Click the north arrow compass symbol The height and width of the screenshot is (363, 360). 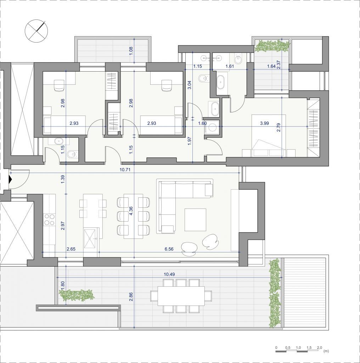coord(36,31)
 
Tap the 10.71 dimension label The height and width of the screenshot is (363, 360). coord(125,170)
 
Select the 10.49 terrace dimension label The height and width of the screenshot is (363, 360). coord(169,275)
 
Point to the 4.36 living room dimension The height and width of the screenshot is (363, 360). coord(131,211)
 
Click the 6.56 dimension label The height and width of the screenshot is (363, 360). coord(169,249)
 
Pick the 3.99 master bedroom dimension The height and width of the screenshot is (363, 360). coord(264,123)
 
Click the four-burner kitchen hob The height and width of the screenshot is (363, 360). coord(50,219)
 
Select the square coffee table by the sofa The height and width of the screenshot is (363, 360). coord(195,220)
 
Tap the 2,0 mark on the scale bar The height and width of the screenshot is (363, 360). coord(319,348)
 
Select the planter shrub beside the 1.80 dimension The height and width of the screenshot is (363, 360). coord(77,295)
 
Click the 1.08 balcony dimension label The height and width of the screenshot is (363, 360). coord(131,51)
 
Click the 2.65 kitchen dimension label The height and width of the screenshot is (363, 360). coord(71,249)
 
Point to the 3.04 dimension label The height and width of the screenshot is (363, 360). coord(189,85)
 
